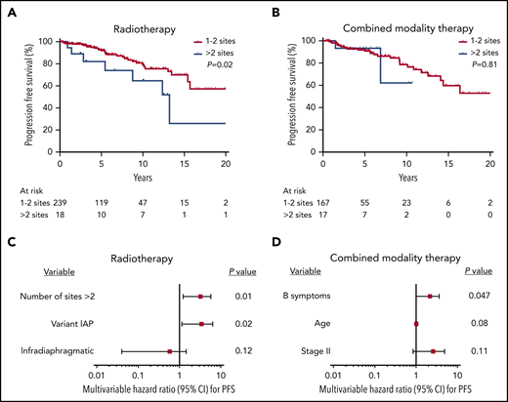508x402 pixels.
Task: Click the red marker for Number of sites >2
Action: [200, 296]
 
